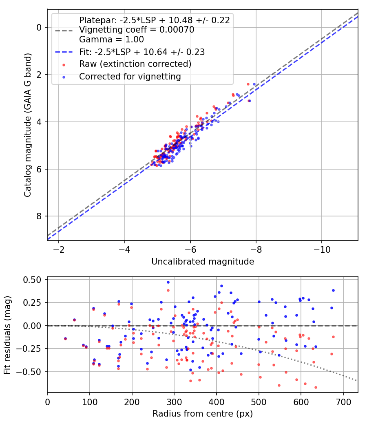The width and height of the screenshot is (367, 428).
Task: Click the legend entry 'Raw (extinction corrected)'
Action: point(135,64)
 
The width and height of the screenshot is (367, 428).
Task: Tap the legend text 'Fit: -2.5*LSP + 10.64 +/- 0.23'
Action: point(142,52)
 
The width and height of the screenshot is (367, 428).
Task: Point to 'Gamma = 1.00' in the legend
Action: point(111,40)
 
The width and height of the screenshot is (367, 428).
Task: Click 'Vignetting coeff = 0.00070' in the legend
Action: point(137,30)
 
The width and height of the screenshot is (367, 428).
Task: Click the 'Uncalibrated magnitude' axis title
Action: point(203,262)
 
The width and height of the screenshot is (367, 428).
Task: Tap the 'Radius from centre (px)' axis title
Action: point(203,414)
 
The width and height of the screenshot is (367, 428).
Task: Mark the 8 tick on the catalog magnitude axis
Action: point(39,216)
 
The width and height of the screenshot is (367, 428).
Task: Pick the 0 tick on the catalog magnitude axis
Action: point(39,27)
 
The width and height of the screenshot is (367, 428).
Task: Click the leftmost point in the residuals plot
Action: point(65,339)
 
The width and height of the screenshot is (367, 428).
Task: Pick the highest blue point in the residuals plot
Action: point(168,282)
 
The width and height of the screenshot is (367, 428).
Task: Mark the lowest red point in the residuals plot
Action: point(316,387)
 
